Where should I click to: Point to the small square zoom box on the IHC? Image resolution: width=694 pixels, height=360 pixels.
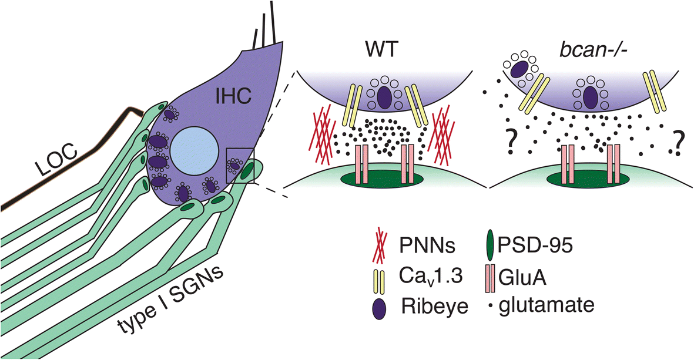click(x=240, y=166)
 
